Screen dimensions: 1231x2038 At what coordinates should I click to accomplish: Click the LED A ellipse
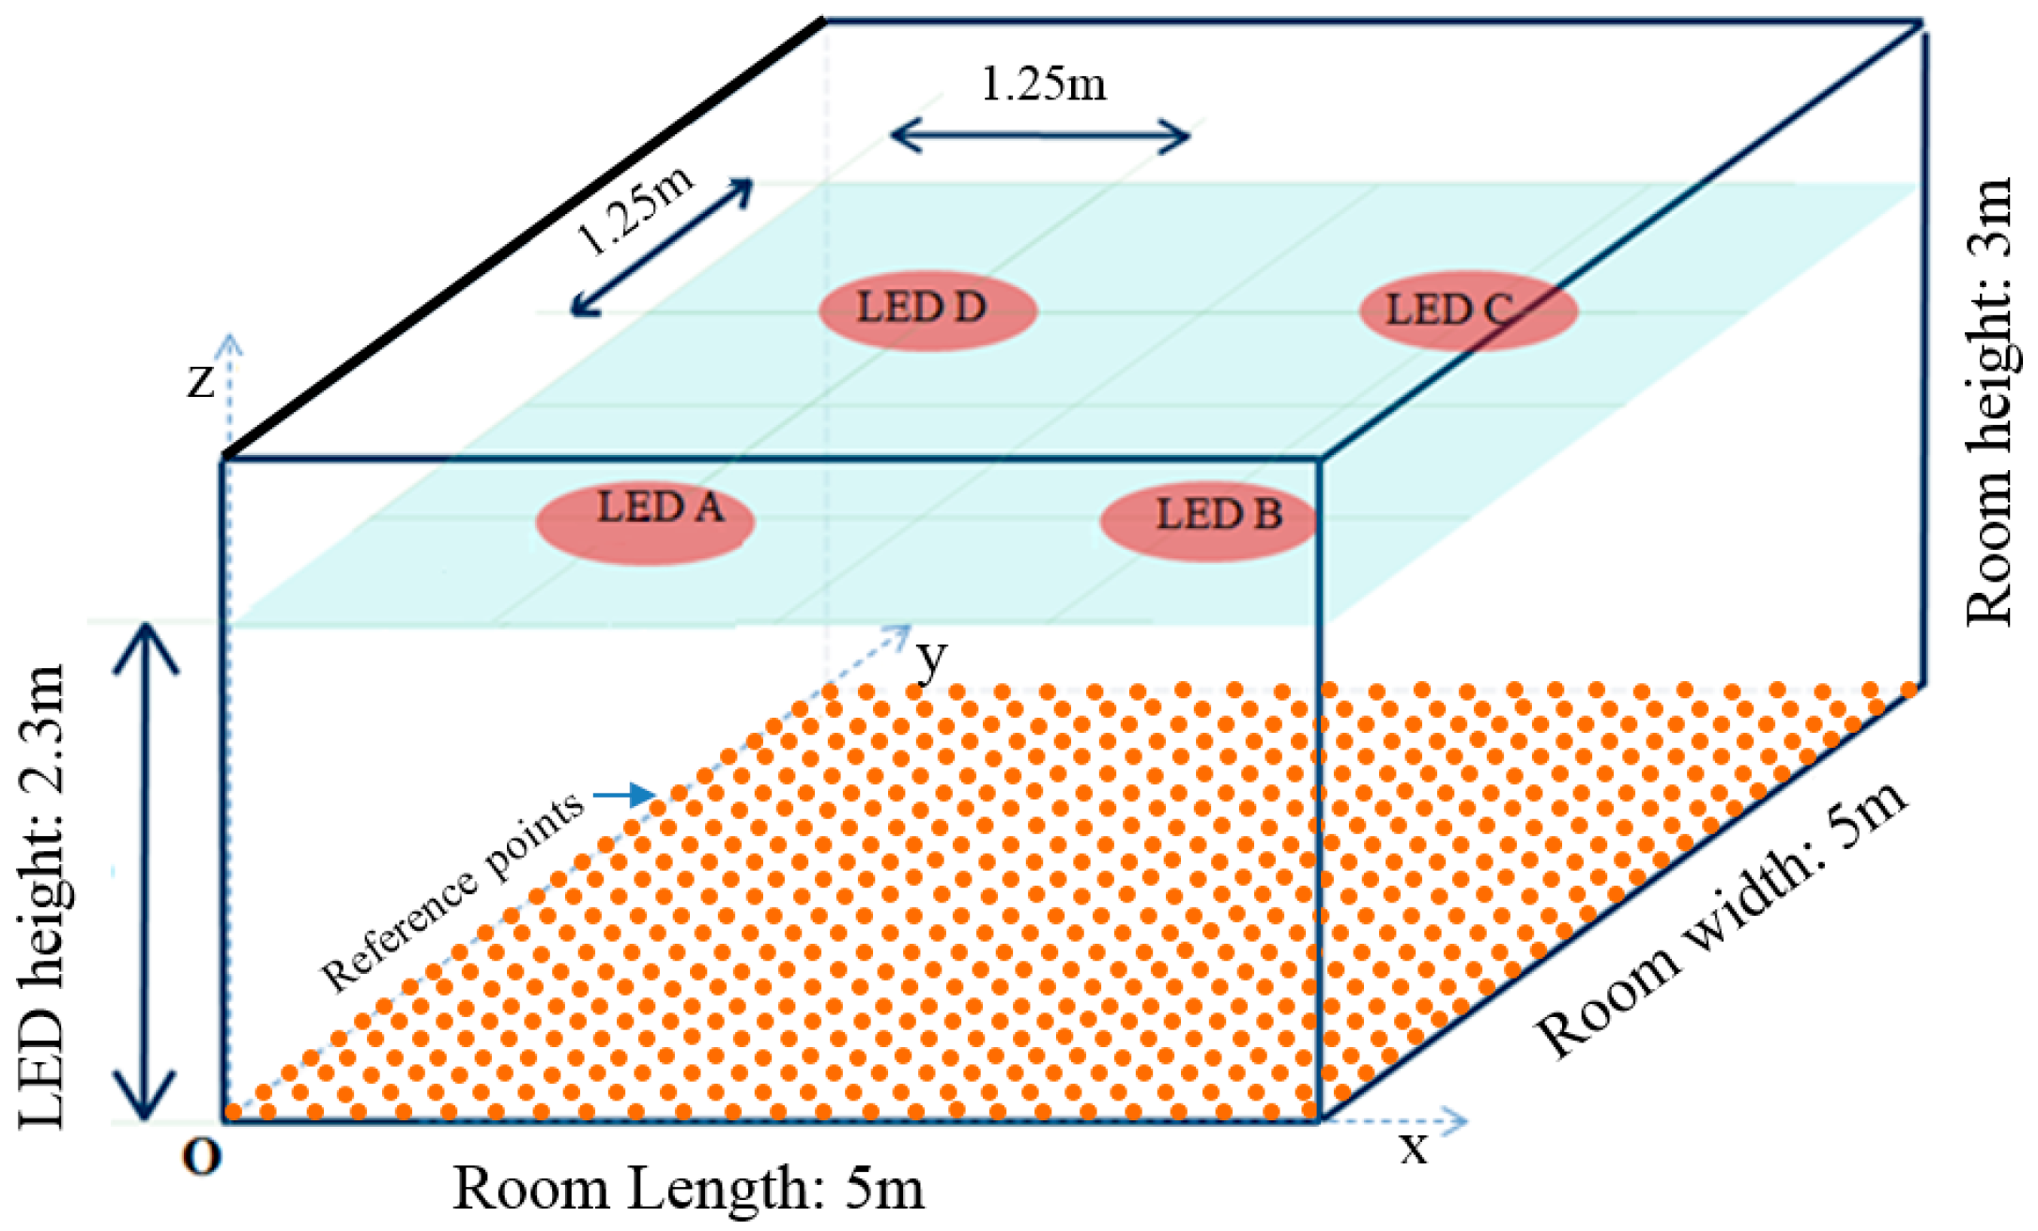646,523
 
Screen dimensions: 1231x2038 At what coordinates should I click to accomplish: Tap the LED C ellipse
1468,311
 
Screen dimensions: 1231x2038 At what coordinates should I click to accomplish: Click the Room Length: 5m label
688,1190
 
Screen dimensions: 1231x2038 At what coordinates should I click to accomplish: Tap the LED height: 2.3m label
43,896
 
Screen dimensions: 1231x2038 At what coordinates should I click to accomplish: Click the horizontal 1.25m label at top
1043,84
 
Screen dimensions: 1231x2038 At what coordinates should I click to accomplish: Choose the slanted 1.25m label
635,211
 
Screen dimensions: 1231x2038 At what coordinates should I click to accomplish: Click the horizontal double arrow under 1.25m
1040,136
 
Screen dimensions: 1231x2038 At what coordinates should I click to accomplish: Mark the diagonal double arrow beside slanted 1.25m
663,247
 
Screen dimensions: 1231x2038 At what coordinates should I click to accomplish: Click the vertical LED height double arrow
146,873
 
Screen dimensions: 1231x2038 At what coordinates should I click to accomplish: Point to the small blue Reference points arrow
624,796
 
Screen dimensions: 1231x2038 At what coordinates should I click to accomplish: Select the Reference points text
452,892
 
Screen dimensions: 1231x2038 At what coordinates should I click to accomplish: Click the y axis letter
931,659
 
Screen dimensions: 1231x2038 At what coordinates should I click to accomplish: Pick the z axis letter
201,381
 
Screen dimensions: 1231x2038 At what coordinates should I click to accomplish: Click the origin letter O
202,1158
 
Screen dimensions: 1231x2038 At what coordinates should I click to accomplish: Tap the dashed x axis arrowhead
1454,1119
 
